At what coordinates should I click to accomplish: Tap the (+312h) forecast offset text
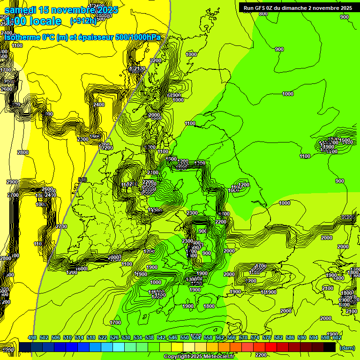point(83,21)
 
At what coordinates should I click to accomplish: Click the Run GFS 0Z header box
point(298,7)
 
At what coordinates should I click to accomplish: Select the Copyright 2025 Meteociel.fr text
point(199,356)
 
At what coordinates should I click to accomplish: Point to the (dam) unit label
point(347,347)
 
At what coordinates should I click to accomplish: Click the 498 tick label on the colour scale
point(32,337)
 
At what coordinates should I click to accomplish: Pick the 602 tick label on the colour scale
point(337,337)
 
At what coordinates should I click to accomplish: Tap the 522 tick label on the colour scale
point(103,337)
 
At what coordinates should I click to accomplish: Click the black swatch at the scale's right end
point(330,347)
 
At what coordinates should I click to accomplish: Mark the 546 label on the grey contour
point(83,180)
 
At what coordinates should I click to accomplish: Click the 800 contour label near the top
point(263,14)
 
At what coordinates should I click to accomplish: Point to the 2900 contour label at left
point(12,182)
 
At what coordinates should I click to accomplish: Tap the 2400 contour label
point(99,105)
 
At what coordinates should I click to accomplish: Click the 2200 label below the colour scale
point(262,355)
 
